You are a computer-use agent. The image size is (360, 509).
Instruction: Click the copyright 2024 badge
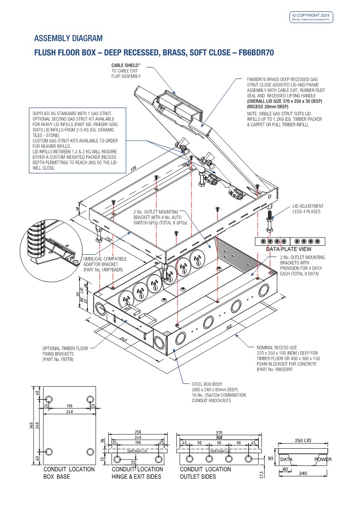point(311,17)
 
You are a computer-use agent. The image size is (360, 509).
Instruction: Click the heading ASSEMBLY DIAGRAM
point(68,38)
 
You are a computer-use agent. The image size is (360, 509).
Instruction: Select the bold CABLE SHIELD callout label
point(125,66)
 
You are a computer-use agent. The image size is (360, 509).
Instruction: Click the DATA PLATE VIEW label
point(288,249)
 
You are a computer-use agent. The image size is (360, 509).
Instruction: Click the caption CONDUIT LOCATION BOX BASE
point(69,473)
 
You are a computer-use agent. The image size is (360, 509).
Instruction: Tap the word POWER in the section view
point(323,460)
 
